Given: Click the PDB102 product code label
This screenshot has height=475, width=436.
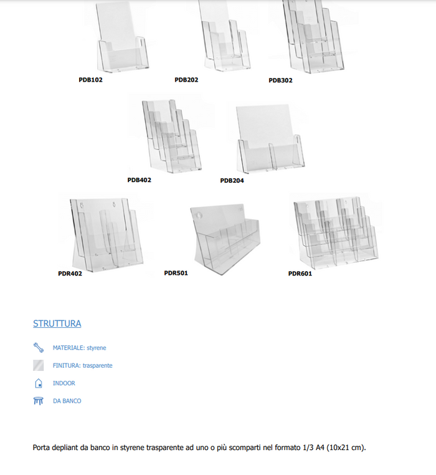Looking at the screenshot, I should (90, 80).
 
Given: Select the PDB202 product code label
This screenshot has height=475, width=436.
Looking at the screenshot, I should (186, 80).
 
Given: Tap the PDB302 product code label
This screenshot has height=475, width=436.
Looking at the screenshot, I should (280, 80).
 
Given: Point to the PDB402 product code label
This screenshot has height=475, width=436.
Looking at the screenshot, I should (139, 180).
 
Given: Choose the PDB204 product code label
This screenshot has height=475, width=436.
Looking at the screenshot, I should (232, 181).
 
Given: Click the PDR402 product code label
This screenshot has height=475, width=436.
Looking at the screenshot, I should (70, 273).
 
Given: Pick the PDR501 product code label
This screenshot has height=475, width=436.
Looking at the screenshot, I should (176, 273).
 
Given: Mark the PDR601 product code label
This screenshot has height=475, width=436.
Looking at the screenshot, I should (300, 273).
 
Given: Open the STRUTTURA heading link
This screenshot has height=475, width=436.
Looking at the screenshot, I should (57, 324).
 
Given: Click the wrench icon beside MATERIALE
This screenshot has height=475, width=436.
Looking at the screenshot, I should (39, 347).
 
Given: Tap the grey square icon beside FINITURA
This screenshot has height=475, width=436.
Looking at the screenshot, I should (39, 365).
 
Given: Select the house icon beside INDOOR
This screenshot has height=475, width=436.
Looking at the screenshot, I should (39, 383).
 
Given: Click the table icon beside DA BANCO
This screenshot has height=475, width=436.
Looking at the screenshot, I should (39, 401).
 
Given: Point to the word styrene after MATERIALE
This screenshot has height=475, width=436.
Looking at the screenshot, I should (96, 348).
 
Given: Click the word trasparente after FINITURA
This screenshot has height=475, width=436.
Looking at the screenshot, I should (97, 365).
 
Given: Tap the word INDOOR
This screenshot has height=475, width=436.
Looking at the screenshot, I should (64, 383).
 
